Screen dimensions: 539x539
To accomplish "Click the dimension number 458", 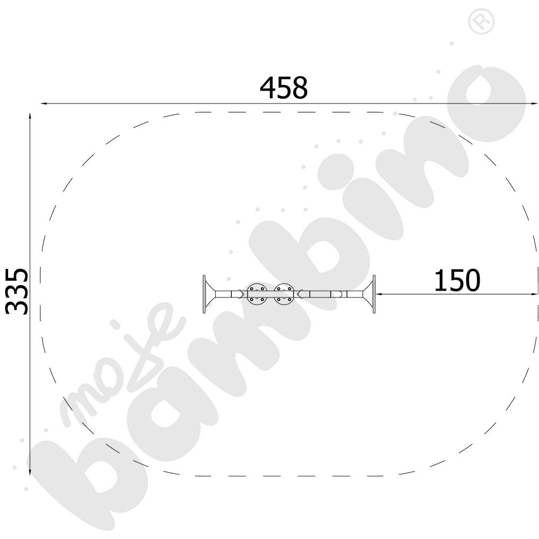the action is (x=284, y=88).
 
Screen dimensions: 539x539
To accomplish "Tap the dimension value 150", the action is (x=457, y=280).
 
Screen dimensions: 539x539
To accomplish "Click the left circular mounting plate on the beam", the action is (x=257, y=294).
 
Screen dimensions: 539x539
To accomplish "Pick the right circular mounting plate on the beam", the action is (x=284, y=294).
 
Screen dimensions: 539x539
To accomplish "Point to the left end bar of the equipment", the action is (x=204, y=294).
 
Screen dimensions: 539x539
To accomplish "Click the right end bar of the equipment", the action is (x=374, y=294).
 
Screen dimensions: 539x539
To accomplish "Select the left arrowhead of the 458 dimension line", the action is (x=44, y=103).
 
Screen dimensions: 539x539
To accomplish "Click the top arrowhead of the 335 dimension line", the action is (x=30, y=116).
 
